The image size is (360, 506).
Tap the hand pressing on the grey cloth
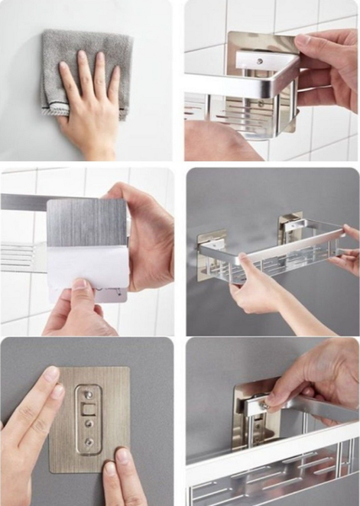(89, 105)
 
